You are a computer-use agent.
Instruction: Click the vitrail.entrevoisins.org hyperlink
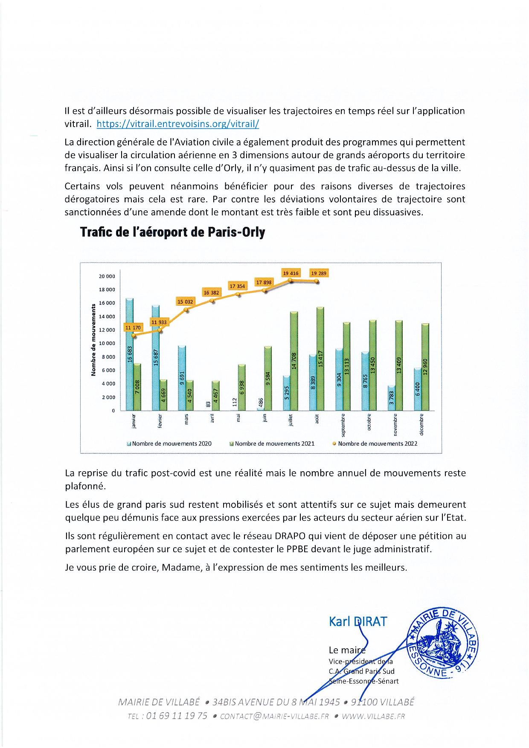(x=178, y=124)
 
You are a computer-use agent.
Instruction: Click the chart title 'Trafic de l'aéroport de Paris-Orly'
(x=172, y=232)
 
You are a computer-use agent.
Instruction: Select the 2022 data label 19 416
(x=290, y=273)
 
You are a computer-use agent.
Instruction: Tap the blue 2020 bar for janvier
(x=130, y=354)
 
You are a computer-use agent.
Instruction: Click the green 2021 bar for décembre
(x=424, y=367)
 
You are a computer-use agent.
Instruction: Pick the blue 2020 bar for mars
(x=181, y=378)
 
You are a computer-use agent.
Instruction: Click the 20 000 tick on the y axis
(x=108, y=276)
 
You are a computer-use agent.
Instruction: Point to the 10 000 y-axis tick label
(x=108, y=343)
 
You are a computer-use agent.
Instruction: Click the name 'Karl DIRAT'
(x=358, y=621)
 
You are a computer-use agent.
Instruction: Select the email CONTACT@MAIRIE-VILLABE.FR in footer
(x=274, y=716)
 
